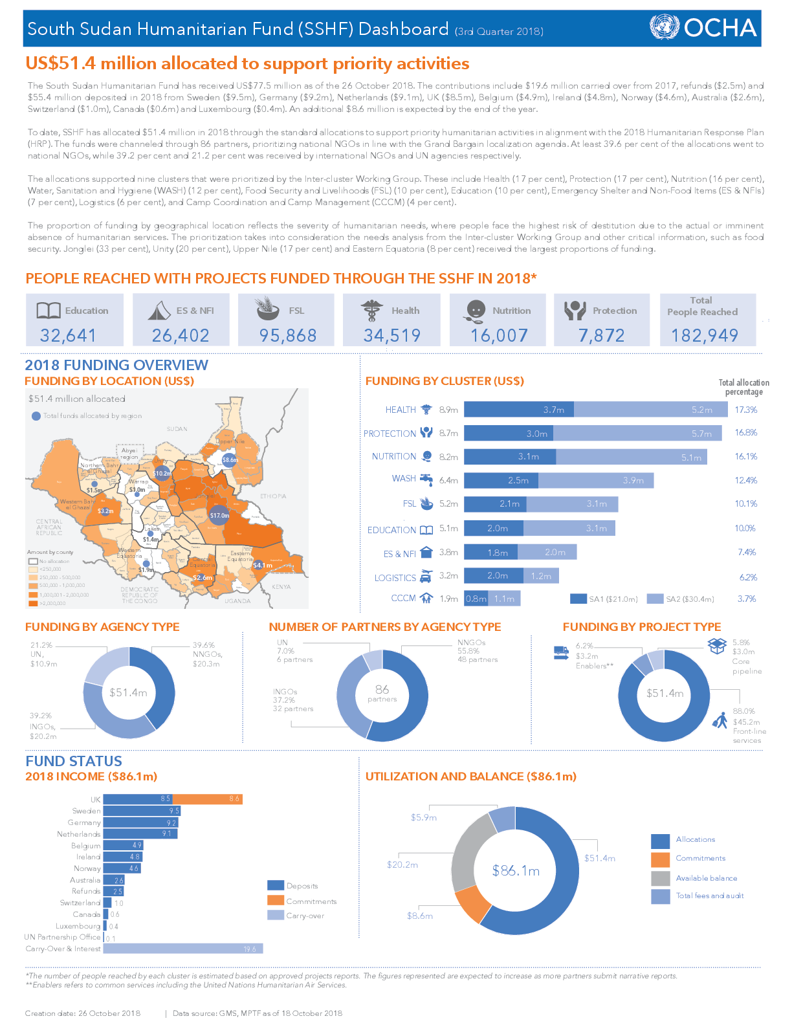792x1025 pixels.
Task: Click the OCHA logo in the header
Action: (703, 28)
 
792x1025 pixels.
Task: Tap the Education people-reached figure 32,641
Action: (68, 335)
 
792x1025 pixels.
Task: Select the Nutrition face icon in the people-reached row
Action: (476, 311)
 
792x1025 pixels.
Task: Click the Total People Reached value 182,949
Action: (705, 335)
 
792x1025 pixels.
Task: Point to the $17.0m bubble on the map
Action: (219, 515)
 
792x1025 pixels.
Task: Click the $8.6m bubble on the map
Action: (230, 460)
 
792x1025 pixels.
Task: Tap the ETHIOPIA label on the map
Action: (273, 496)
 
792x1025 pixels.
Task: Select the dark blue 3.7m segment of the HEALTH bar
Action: (519, 410)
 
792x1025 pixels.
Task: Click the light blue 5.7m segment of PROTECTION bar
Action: (637, 434)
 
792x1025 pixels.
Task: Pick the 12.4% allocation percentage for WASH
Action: (745, 480)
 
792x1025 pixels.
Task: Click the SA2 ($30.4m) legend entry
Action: (682, 599)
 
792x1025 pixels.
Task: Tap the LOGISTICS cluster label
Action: (395, 578)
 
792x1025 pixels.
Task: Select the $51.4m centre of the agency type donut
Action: (128, 692)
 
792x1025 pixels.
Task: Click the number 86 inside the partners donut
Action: (382, 690)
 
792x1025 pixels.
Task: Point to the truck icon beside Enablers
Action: (561, 652)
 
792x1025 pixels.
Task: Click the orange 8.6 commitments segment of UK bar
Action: (207, 799)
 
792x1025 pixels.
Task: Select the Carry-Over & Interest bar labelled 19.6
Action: (182, 949)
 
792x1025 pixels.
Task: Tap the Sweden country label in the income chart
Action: (86, 811)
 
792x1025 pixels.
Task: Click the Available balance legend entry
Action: (706, 878)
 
